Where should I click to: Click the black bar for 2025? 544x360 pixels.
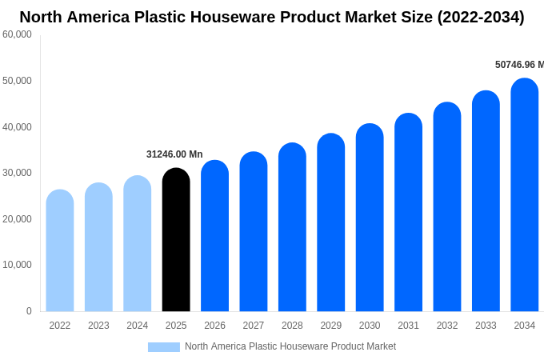tap(176, 240)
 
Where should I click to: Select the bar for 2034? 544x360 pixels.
tap(525, 195)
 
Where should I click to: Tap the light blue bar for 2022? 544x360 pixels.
tap(60, 251)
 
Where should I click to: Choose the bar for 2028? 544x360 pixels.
tap(292, 227)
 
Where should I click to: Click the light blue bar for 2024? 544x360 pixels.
tap(138, 244)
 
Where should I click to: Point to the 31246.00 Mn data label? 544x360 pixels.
tap(174, 154)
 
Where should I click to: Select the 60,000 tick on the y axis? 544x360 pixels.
tap(17, 34)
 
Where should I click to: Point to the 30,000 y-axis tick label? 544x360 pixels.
tap(17, 173)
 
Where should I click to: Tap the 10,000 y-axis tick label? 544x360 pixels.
tap(17, 265)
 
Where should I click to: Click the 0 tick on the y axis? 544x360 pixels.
tap(29, 311)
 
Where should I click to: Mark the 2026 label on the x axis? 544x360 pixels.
tap(214, 326)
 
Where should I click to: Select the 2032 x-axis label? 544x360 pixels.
tap(447, 326)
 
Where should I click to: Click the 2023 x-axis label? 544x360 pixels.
tap(98, 326)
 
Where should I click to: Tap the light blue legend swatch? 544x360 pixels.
tap(164, 347)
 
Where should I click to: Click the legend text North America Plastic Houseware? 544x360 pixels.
tap(290, 346)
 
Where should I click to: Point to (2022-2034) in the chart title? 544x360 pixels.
tap(480, 17)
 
